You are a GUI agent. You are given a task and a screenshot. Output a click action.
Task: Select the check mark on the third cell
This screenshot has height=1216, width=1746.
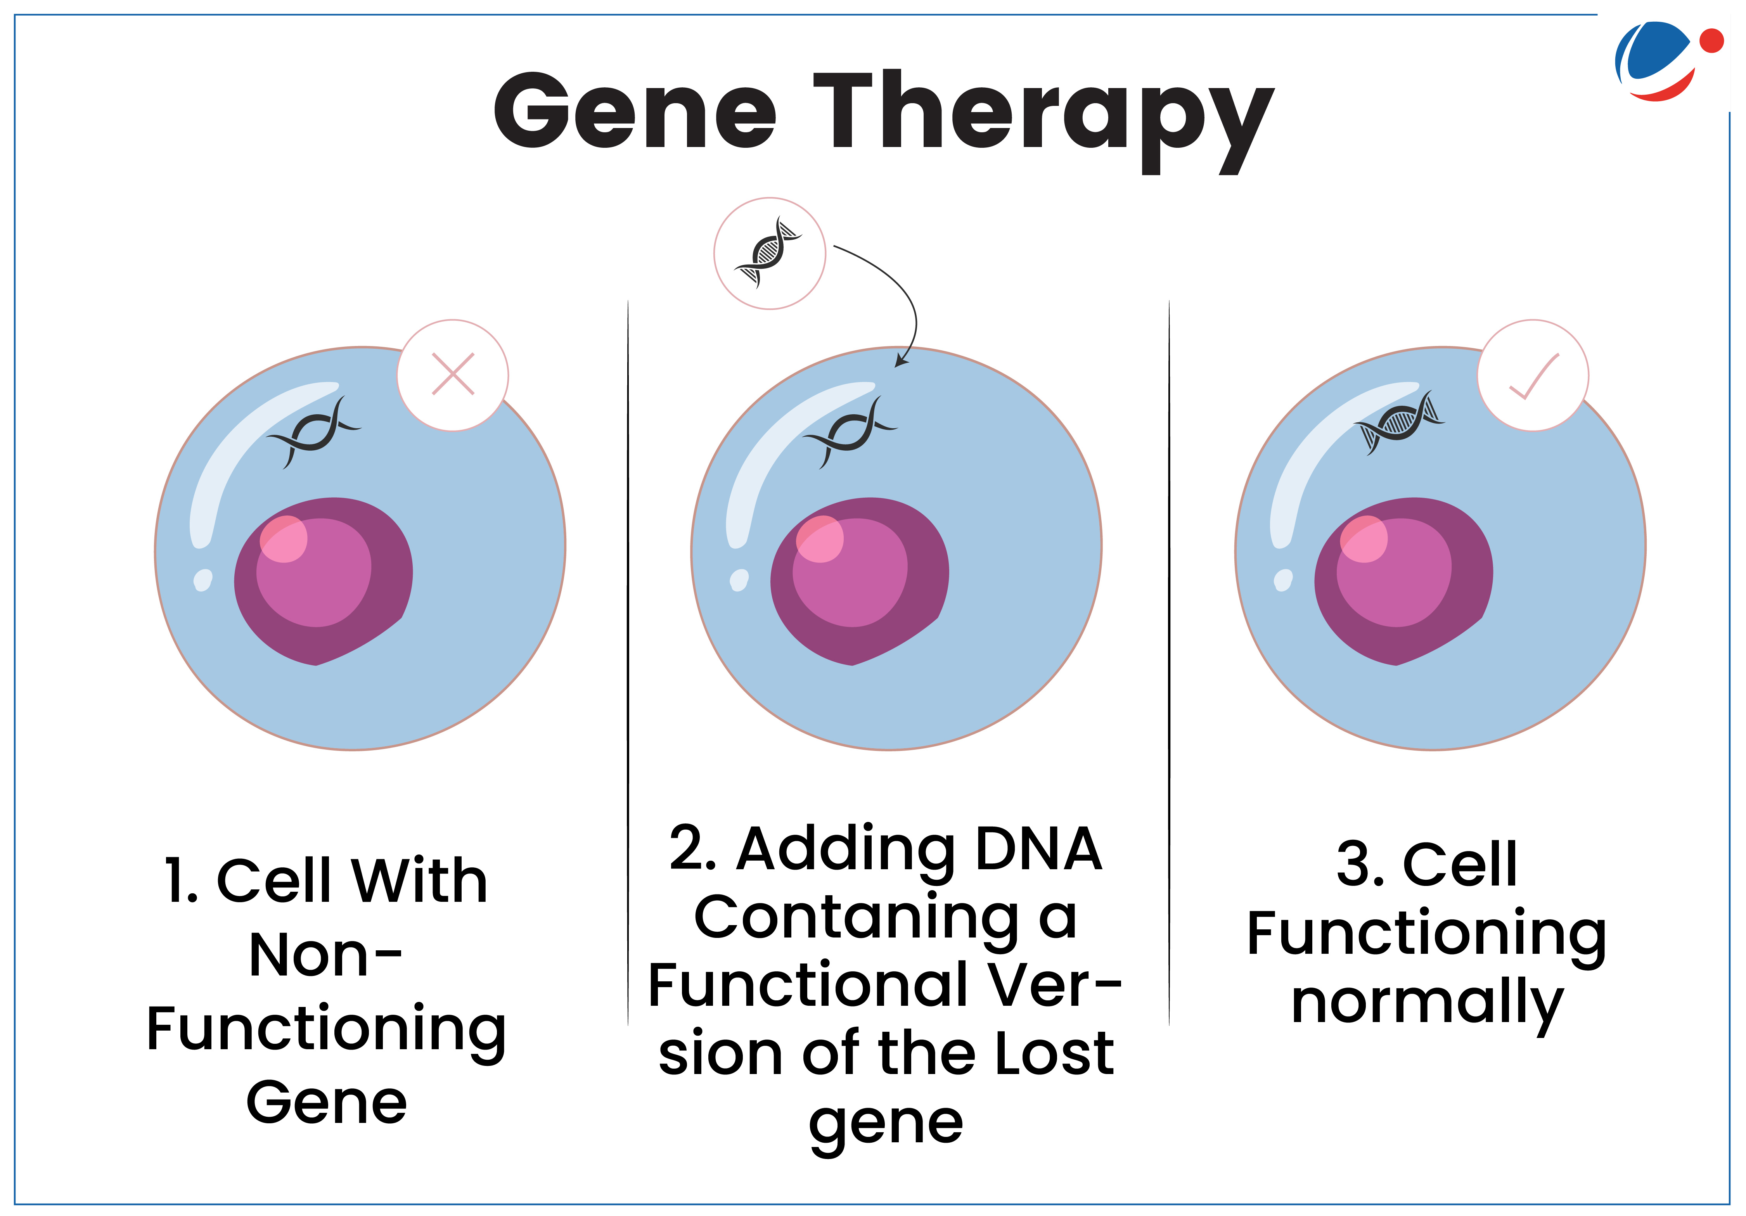(1534, 376)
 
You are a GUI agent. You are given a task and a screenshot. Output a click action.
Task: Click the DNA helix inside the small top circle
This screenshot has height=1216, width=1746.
(768, 253)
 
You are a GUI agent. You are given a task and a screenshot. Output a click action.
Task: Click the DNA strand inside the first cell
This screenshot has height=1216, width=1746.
(313, 432)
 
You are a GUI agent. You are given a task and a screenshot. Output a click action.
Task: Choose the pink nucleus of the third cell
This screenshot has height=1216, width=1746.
(1403, 581)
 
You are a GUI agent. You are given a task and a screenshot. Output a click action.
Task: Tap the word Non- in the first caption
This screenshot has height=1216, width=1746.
(325, 955)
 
